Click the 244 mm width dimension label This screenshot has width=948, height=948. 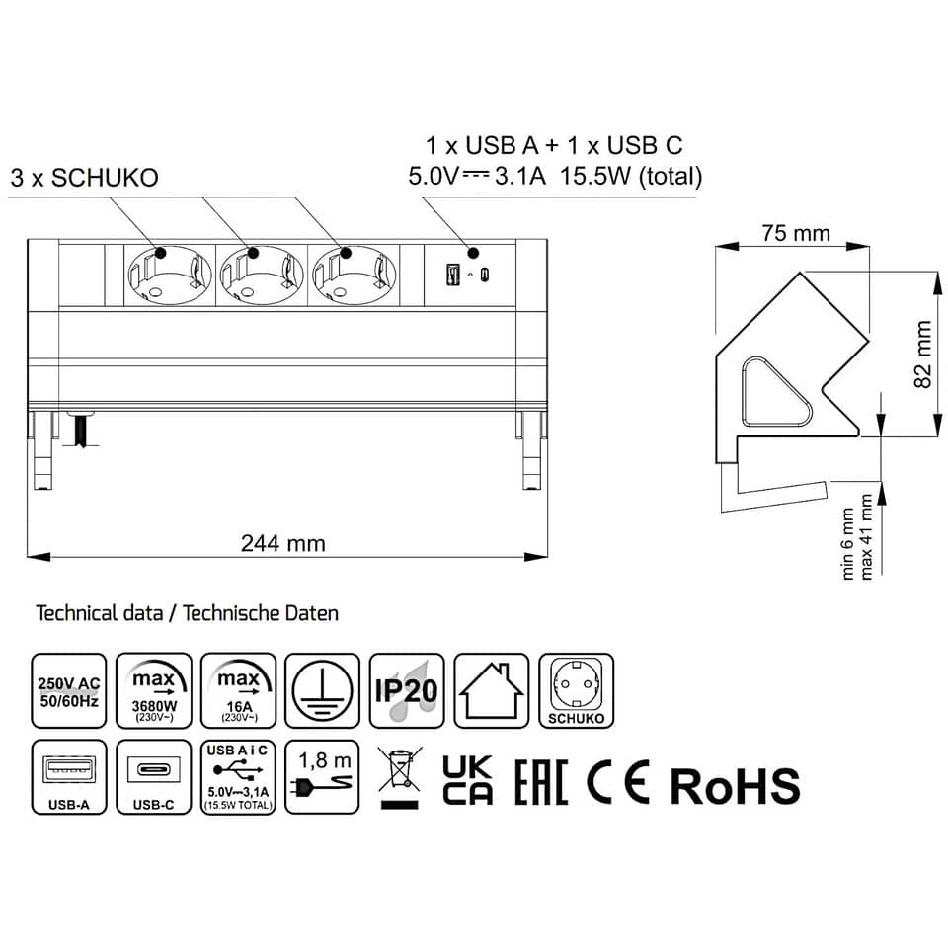[282, 543]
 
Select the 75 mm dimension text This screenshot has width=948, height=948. [795, 233]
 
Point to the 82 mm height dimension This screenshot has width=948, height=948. [924, 355]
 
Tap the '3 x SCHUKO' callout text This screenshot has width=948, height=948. [84, 178]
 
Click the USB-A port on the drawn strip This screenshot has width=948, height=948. [453, 275]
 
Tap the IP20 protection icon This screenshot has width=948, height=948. [407, 690]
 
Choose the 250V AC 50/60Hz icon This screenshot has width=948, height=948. [69, 690]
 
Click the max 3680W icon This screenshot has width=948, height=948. [153, 690]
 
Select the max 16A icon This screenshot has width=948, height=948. [238, 690]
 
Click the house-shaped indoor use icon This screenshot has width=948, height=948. [492, 690]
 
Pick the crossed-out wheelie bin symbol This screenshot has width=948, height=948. [397, 777]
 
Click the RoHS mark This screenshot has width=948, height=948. [735, 785]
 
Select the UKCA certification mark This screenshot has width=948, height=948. [467, 779]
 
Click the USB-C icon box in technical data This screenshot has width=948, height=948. [153, 776]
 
